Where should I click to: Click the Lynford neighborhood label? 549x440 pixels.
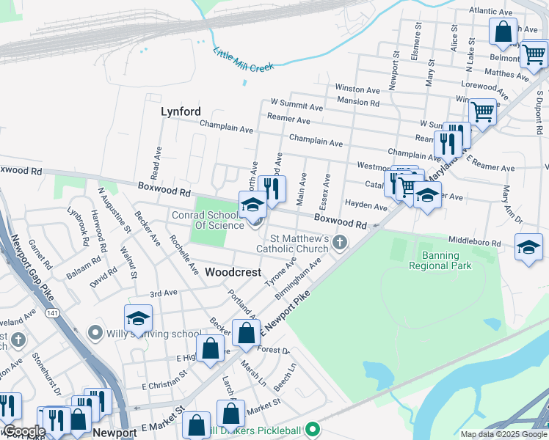pos(181,111)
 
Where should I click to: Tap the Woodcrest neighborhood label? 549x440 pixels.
pos(233,272)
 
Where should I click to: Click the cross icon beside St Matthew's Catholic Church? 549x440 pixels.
pos(340,242)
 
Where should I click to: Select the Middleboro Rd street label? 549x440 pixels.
pos(473,243)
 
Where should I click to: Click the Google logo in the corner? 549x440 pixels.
pos(23,431)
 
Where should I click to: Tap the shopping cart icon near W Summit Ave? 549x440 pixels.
pos(482,112)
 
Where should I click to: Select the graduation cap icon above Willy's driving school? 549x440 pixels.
pos(137,319)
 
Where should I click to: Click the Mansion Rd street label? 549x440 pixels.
pos(358,103)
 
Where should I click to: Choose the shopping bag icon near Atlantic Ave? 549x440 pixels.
pos(503,32)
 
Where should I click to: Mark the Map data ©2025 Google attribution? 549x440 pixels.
pos(503,433)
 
